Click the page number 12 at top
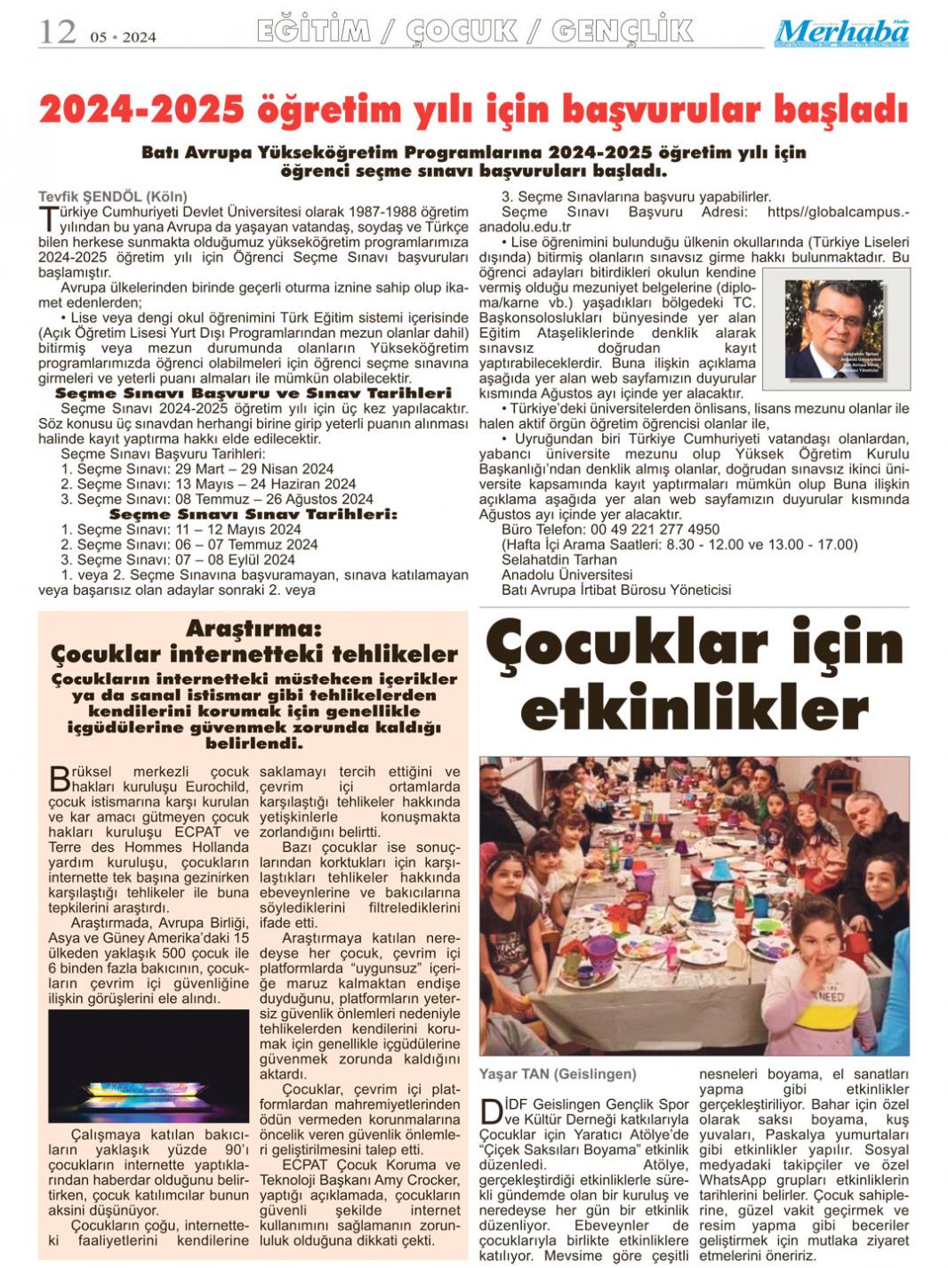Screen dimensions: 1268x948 [57, 32]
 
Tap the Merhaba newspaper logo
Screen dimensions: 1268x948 [841, 33]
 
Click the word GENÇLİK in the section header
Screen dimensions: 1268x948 [622, 32]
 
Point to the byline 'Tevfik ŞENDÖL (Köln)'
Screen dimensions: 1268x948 [113, 197]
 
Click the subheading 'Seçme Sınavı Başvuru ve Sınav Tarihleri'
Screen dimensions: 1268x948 [253, 392]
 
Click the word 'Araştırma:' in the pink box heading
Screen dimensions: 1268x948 [253, 630]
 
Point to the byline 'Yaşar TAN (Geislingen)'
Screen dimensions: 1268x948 [558, 1073]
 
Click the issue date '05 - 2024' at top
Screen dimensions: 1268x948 [123, 36]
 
